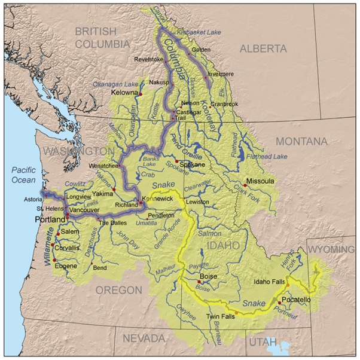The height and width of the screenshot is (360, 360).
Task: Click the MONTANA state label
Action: (301, 141)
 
